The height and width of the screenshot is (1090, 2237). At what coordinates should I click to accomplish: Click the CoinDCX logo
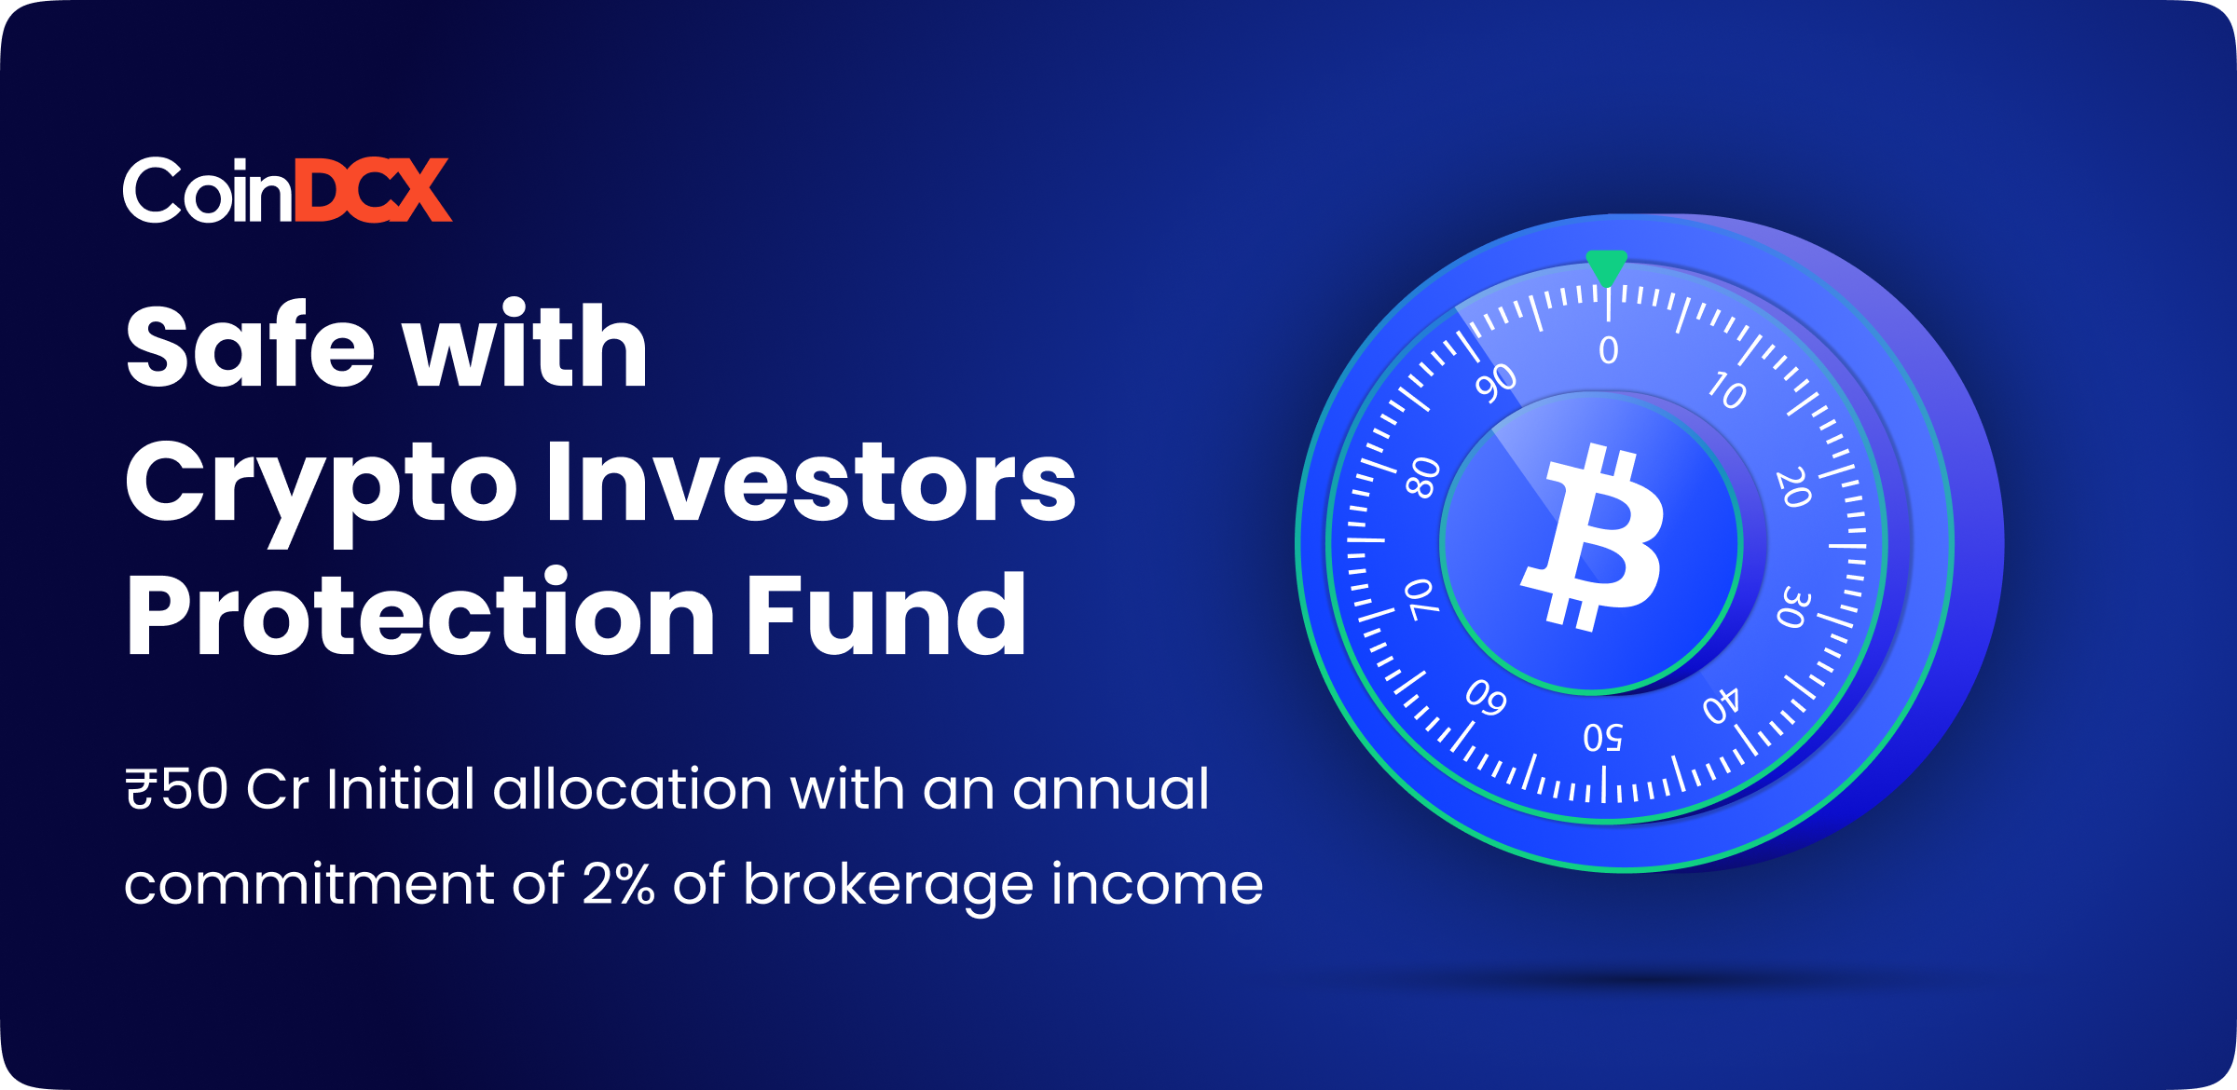[287, 190]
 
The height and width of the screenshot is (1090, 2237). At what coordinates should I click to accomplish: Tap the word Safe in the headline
[251, 346]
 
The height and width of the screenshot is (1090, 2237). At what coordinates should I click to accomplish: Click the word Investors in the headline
[811, 481]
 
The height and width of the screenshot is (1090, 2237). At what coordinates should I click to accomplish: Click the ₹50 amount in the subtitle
[177, 789]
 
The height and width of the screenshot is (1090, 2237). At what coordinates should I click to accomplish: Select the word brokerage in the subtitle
[888, 886]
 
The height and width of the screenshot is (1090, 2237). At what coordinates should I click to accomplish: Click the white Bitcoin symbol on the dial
[1593, 538]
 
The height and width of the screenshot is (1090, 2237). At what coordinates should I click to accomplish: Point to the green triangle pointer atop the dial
[1607, 267]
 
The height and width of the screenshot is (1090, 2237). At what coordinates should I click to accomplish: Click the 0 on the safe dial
[1609, 350]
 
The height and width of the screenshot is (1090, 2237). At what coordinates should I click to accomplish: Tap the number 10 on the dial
[1727, 389]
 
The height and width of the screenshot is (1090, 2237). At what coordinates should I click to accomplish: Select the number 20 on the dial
[1793, 487]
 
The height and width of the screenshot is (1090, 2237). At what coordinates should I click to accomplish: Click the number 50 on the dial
[1603, 738]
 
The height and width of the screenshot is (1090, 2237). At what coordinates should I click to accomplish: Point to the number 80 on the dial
[1423, 478]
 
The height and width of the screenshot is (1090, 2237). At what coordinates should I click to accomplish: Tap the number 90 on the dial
[1497, 383]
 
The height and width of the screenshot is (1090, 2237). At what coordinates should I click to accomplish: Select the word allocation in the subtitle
[633, 789]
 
